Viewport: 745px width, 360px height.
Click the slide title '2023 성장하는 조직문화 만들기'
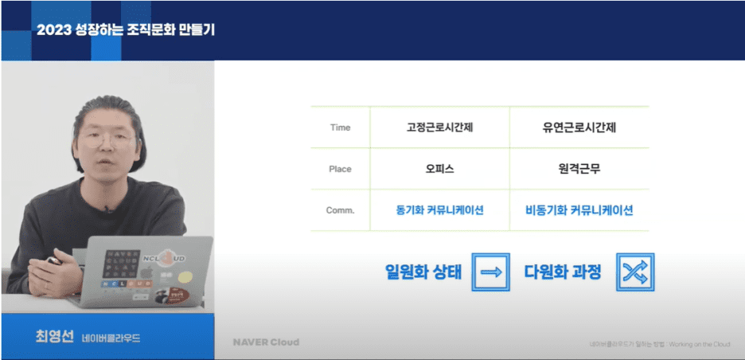[126, 30]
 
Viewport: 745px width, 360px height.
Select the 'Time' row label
[339, 127]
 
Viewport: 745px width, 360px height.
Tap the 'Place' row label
[339, 169]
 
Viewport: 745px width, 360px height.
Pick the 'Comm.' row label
[340, 210]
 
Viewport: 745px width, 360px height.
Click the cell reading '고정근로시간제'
[439, 127]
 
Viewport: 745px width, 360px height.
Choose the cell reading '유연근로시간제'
[579, 127]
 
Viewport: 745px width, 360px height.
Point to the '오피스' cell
[439, 169]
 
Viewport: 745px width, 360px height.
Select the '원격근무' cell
[579, 169]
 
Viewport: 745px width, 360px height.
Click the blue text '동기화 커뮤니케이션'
[439, 210]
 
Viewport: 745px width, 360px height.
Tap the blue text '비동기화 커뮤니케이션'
[579, 210]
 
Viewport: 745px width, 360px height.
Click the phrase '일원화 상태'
[423, 272]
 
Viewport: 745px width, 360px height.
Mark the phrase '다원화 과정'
[562, 272]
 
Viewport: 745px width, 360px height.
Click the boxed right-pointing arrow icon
[491, 272]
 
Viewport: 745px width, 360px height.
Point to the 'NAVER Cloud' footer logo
[266, 342]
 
